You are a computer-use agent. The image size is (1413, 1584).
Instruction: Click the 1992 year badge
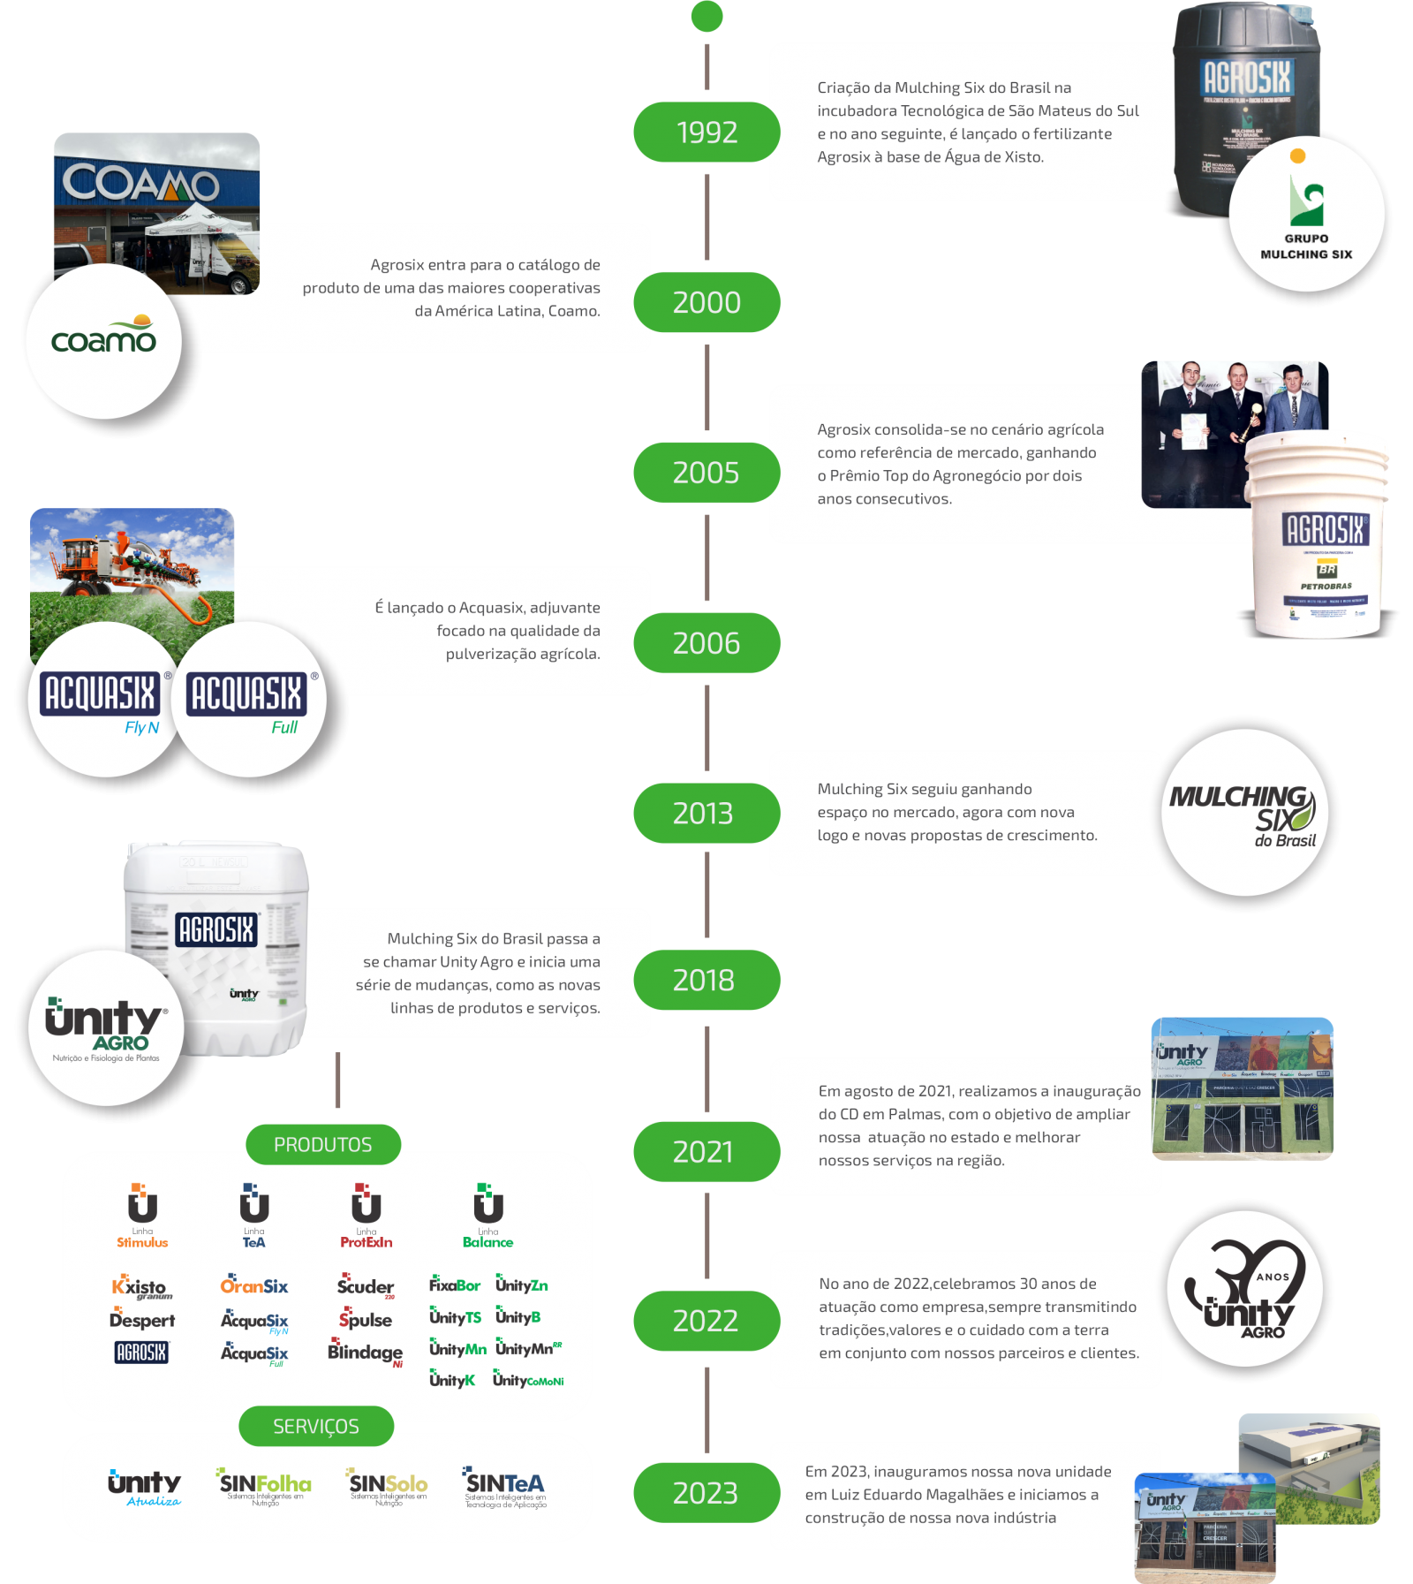click(x=706, y=133)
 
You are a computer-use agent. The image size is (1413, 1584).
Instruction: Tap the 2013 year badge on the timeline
click(x=706, y=813)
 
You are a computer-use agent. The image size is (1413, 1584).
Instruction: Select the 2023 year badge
click(x=706, y=1493)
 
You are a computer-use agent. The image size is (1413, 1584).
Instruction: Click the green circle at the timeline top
click(x=706, y=16)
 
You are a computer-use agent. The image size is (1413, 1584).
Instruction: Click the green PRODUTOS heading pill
click(x=323, y=1145)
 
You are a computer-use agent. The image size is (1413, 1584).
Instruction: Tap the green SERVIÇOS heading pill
click(x=316, y=1427)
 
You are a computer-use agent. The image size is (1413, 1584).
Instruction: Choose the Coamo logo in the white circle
click(x=104, y=340)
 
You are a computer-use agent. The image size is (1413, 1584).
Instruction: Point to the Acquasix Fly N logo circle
click(x=99, y=701)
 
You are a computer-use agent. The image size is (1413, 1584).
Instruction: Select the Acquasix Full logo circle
click(x=247, y=701)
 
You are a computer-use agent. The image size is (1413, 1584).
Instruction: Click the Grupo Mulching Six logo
click(x=1306, y=216)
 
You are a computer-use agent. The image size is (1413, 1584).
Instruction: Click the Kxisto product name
click(x=140, y=1287)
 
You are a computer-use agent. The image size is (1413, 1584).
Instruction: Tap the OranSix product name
click(x=254, y=1286)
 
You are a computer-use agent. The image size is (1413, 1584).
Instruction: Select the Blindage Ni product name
click(x=366, y=1353)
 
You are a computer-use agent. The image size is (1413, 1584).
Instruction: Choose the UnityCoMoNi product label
click(x=528, y=1380)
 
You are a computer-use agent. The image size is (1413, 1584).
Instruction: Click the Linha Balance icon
click(x=487, y=1215)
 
